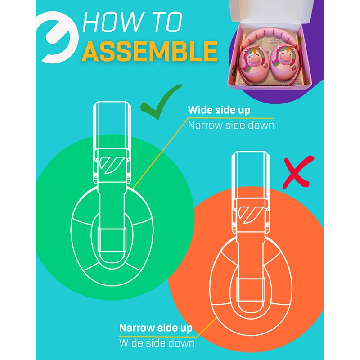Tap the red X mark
tap(297, 173)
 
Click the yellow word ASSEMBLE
tap(150, 52)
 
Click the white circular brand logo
tap(58, 37)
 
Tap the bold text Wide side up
tap(219, 110)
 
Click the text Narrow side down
tap(231, 126)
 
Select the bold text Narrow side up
tap(156, 328)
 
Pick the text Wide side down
tap(157, 343)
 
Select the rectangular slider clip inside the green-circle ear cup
tap(112, 240)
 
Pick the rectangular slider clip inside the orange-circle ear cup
tap(251, 290)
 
